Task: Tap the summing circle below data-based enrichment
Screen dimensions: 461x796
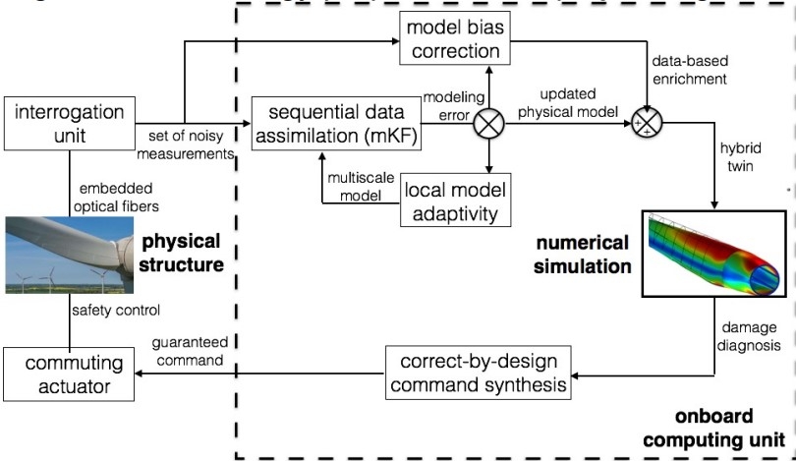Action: click(649, 125)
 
